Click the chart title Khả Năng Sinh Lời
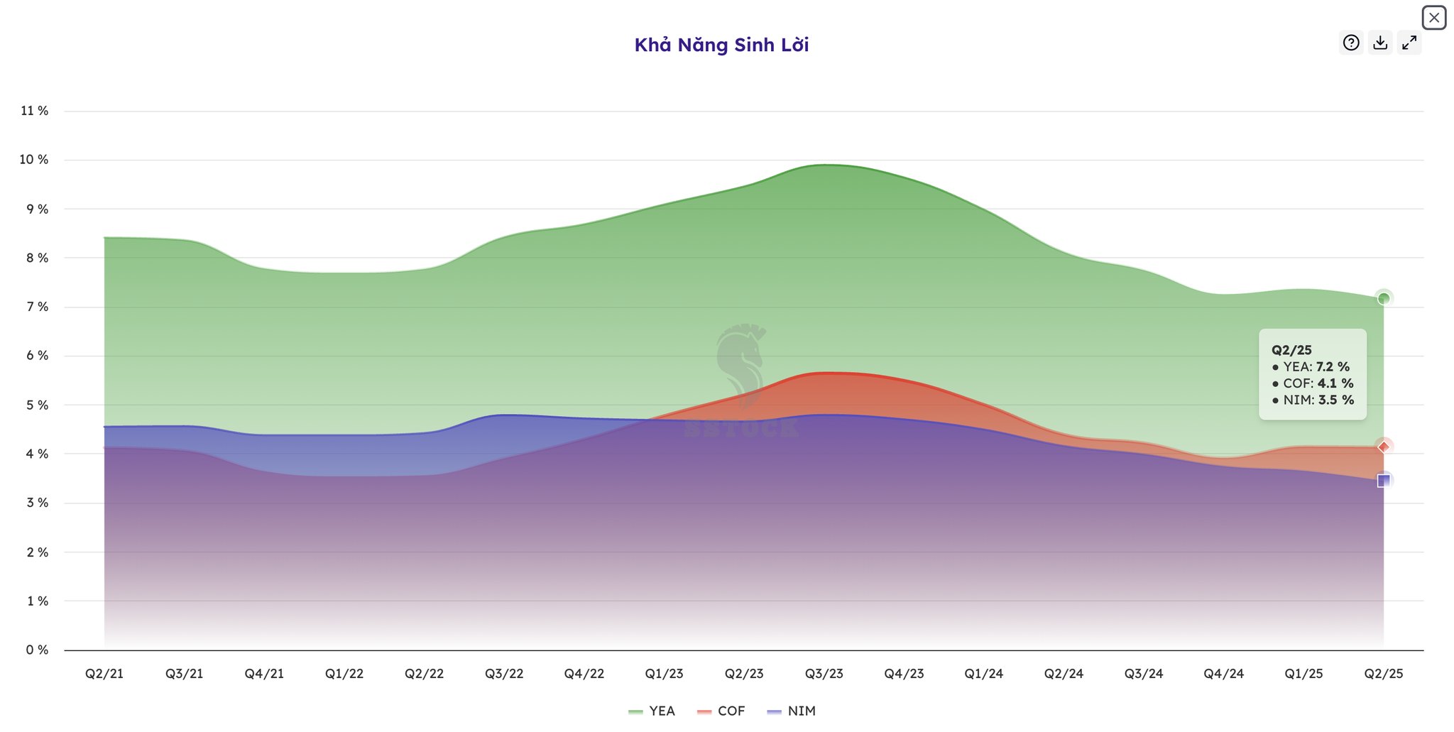point(721,45)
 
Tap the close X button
point(1433,18)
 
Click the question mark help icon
point(1351,43)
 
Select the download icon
point(1380,43)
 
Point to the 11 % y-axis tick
point(34,111)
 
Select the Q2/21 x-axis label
point(104,674)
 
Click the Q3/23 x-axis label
point(824,674)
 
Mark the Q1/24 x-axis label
point(984,674)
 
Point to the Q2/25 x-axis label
point(1384,674)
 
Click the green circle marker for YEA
point(1384,298)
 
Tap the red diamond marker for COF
point(1384,447)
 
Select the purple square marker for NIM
point(1384,481)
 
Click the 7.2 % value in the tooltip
point(1333,367)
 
